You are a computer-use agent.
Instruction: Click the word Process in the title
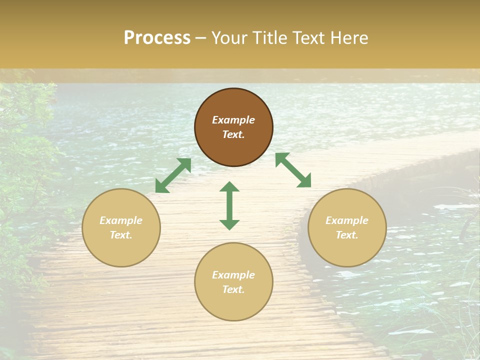(x=157, y=38)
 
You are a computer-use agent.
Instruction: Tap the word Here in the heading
(x=348, y=38)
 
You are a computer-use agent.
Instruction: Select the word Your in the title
(x=229, y=38)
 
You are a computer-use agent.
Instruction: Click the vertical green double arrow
(x=229, y=206)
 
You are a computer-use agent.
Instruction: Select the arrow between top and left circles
(x=173, y=175)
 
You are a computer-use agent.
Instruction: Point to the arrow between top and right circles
(x=293, y=170)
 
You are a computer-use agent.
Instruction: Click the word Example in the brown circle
(x=233, y=120)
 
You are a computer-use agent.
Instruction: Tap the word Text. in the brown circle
(x=233, y=134)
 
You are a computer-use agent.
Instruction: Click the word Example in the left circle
(x=121, y=220)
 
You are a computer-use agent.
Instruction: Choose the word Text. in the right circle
(x=347, y=235)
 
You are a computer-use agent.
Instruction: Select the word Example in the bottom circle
(x=233, y=275)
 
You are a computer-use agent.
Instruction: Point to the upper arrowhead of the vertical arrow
(x=229, y=186)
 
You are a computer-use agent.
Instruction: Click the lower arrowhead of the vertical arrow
(x=229, y=224)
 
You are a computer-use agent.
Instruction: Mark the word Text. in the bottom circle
(x=233, y=289)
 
